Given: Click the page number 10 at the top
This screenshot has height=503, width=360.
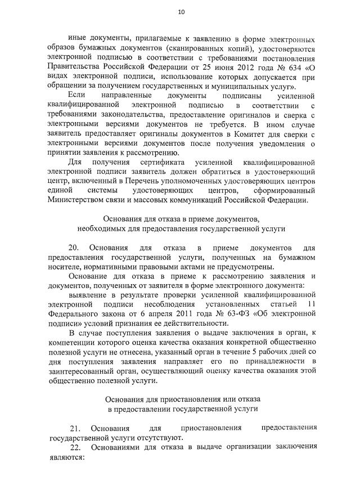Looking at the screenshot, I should tap(181, 11).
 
